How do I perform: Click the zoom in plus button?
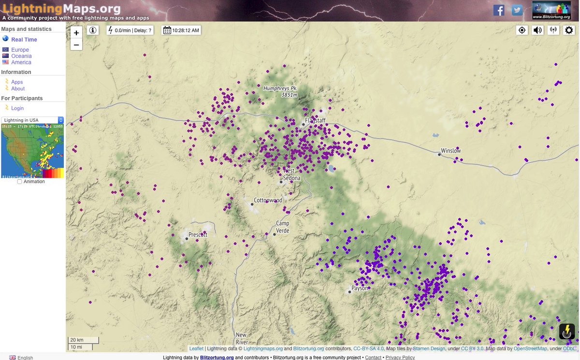coord(76,33)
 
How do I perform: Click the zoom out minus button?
coord(76,45)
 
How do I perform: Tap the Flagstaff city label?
coord(315,120)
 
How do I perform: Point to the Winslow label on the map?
coord(451,151)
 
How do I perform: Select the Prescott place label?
coord(198,235)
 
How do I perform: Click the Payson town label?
coord(360,288)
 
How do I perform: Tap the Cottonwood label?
coord(268,200)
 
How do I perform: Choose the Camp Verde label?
coord(282,227)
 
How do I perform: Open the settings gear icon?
coord(569,30)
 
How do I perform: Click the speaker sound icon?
coord(537,30)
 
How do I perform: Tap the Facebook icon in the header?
coord(499,10)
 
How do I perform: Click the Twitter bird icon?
coord(518,10)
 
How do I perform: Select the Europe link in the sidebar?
coord(20,50)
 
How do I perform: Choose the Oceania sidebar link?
coord(21,56)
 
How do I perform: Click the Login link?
coord(17,108)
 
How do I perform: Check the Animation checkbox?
coord(19,182)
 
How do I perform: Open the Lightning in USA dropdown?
coord(33,120)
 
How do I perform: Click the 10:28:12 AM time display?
coord(181,30)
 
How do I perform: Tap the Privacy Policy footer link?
coord(400,358)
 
